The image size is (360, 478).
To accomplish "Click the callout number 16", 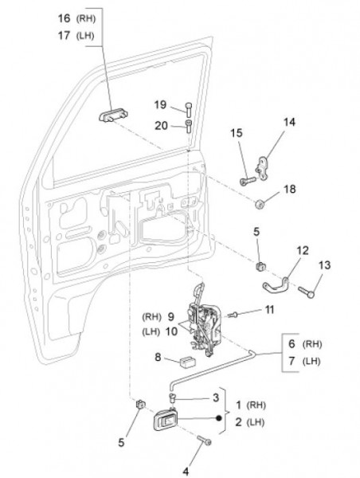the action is [64, 18].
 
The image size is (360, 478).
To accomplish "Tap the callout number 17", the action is [64, 35].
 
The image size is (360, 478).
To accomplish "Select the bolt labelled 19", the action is [189, 110].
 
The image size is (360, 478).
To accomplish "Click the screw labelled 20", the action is [189, 126].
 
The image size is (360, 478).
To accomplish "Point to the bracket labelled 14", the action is [262, 167].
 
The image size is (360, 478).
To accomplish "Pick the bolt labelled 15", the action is [248, 181].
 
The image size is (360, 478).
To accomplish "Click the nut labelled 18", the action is [260, 203].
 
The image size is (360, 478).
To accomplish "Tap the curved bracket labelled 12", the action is [276, 286].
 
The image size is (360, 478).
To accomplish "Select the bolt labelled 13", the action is [306, 292].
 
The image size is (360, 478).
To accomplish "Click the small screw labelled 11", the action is [233, 315].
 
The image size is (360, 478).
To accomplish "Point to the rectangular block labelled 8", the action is [187, 362].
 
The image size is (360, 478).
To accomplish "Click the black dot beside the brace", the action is [218, 418].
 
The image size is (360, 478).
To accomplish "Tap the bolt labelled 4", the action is [204, 441].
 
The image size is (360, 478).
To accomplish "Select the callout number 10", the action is [171, 331].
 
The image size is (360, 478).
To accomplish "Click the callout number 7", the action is [292, 361].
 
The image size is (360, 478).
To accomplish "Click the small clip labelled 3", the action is [173, 397].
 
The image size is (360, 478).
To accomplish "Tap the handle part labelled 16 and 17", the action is [113, 116].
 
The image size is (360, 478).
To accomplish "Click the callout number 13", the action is [324, 265].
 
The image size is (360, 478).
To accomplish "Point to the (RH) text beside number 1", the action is [256, 406].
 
